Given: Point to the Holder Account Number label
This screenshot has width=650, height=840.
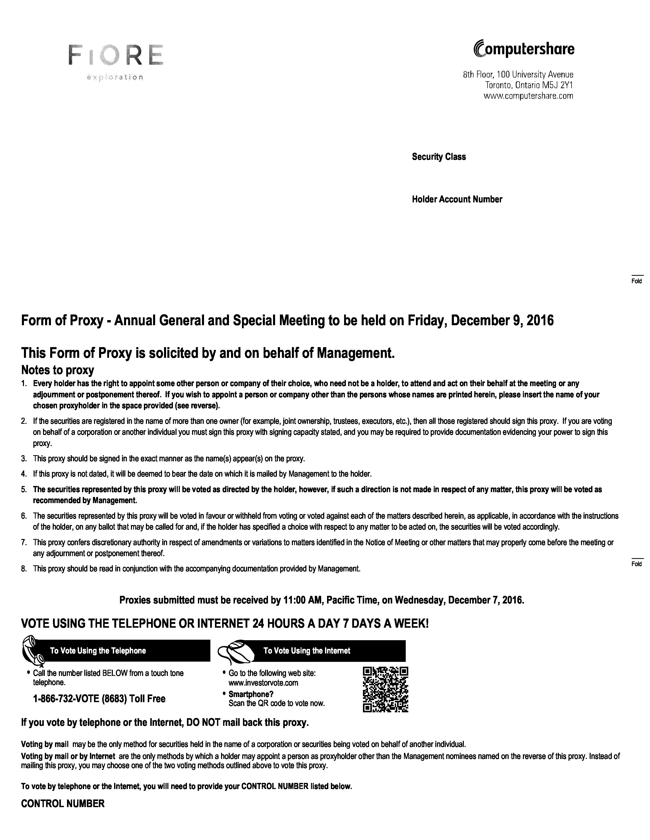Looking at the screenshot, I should [x=457, y=199].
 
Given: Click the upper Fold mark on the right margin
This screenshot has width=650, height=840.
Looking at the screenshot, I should [x=637, y=280].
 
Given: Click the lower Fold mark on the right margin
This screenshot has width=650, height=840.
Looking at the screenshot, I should [x=637, y=563].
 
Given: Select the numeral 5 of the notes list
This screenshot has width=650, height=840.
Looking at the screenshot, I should [x=24, y=489].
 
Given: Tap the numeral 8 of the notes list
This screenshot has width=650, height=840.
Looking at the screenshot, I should [x=24, y=569].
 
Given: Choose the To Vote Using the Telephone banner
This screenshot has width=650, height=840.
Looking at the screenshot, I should [x=127, y=651].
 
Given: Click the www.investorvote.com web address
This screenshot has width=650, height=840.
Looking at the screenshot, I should [x=263, y=683].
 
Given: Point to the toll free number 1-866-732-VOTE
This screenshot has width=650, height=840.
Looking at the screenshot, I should [x=99, y=699].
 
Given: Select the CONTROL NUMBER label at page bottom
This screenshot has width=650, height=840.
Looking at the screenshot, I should [x=63, y=804].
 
